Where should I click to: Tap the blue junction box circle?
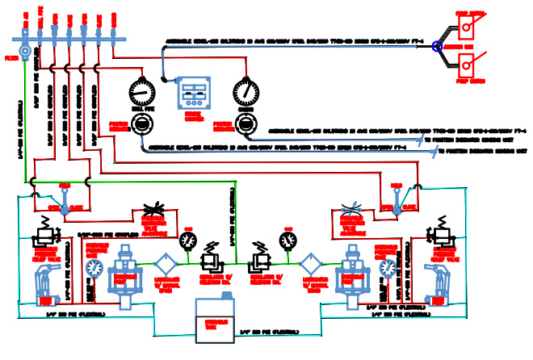coord(437,47)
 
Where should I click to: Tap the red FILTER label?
coord(11,58)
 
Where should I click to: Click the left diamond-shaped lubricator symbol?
coord(166,264)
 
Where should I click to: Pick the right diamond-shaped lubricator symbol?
coord(311,264)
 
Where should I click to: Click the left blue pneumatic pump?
coord(125,274)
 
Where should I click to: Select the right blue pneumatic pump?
coord(353,274)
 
